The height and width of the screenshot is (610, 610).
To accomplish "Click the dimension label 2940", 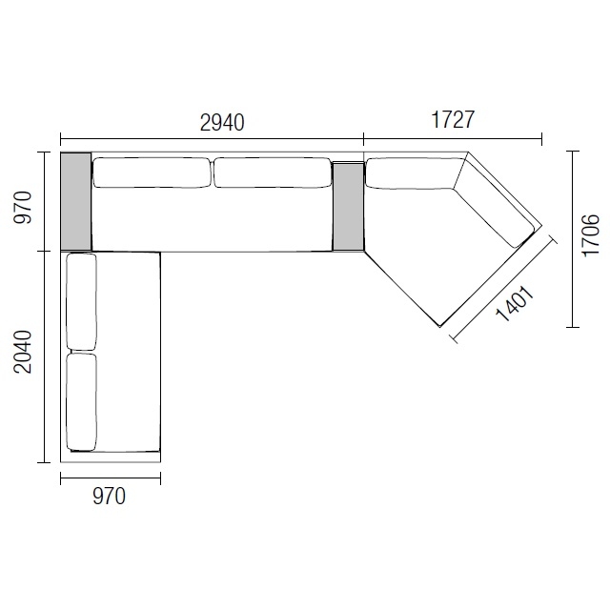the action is tap(222, 123).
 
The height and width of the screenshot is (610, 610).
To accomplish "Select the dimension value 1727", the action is tap(453, 119).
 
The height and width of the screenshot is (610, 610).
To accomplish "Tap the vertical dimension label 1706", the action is tap(590, 235).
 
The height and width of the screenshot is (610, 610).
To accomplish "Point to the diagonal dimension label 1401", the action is tap(515, 305).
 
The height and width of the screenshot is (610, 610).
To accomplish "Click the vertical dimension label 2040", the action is tap(23, 352).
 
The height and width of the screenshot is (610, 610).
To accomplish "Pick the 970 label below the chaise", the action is tap(110, 497).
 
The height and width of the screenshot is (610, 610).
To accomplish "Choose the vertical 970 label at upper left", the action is tap(23, 208).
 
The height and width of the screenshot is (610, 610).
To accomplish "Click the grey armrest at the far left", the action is tap(76, 201).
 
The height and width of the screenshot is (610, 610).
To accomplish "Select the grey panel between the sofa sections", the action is tap(348, 207).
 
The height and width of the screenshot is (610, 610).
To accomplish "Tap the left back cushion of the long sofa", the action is tap(152, 173).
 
